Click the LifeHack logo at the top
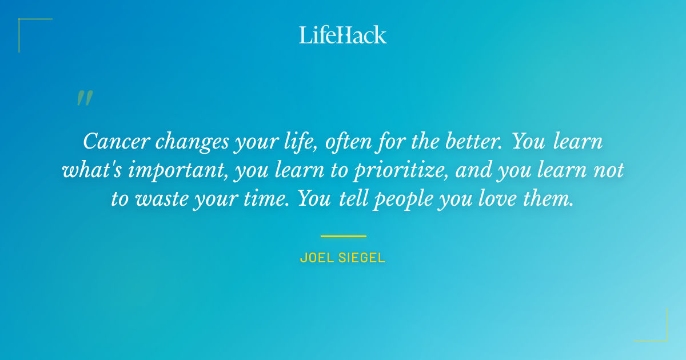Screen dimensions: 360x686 click(342, 35)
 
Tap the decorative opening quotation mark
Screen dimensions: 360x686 click(85, 98)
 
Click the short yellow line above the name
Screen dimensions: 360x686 click(343, 235)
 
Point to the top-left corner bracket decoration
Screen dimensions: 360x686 click(23, 23)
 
